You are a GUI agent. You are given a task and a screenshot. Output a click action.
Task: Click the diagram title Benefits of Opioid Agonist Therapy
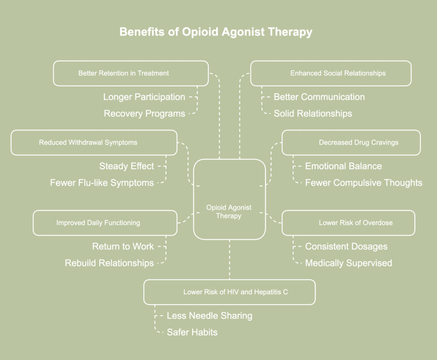(216, 32)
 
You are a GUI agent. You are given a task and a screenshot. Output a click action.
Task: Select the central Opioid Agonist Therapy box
(229, 199)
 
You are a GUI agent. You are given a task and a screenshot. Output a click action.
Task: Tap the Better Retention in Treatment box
(131, 73)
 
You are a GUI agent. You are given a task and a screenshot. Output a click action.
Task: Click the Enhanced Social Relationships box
(331, 73)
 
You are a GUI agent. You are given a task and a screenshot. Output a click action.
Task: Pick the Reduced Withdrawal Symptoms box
(94, 142)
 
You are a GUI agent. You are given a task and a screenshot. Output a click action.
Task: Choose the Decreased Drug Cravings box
(351, 142)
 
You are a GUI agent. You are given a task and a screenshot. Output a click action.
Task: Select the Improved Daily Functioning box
(105, 222)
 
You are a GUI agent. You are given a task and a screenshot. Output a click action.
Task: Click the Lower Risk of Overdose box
(348, 222)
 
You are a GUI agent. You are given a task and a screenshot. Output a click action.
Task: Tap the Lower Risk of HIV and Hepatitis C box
(230, 292)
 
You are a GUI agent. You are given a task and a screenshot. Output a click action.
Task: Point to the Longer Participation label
(144, 97)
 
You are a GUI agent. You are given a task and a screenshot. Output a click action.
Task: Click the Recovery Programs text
(144, 114)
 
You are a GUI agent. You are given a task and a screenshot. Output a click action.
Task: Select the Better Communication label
(319, 97)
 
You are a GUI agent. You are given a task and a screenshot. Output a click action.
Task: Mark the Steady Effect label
(126, 166)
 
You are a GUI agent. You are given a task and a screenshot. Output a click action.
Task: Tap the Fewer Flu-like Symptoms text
(102, 183)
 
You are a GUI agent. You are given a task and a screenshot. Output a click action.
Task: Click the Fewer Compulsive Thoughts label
(364, 183)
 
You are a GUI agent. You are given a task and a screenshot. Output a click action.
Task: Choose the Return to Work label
(123, 246)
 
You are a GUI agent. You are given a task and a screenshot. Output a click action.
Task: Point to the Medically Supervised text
(348, 263)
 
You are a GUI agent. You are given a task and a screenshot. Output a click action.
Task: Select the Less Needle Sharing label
(210, 316)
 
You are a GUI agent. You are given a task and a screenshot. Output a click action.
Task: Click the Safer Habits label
(192, 332)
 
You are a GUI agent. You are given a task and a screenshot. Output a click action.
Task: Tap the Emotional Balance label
(344, 166)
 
